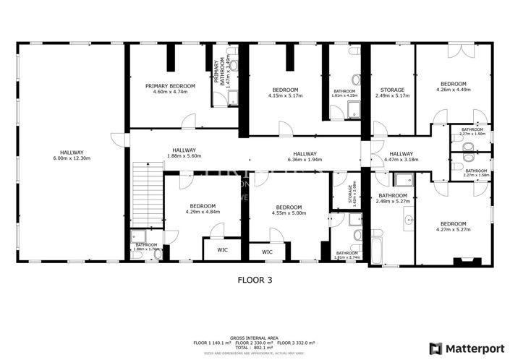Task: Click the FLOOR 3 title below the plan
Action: [x=255, y=278]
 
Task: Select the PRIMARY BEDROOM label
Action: [x=166, y=86]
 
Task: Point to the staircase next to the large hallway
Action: [x=145, y=194]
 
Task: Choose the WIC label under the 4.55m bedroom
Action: [x=267, y=252]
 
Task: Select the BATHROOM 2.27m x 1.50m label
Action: [x=473, y=132]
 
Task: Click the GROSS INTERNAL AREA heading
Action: [x=255, y=337]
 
